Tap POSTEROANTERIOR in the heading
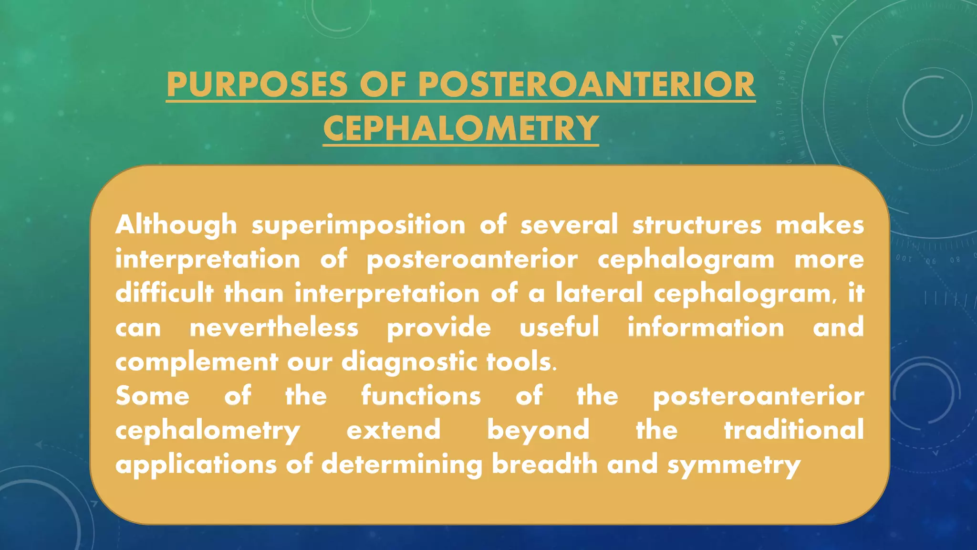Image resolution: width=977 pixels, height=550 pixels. click(586, 85)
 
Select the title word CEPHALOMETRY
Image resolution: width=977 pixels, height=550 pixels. click(461, 128)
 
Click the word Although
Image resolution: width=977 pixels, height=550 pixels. click(176, 224)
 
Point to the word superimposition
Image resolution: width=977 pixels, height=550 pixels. click(358, 225)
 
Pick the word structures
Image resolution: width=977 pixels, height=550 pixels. click(697, 224)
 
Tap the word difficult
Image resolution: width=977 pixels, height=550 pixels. click(164, 293)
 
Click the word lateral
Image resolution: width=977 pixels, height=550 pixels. click(599, 293)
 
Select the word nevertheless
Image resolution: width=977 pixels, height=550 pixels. click(274, 328)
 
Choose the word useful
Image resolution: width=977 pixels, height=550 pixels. click(559, 328)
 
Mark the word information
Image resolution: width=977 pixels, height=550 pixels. click(706, 328)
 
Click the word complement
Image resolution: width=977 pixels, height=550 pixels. click(197, 362)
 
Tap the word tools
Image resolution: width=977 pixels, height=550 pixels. click(520, 362)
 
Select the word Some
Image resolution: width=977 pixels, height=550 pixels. click(152, 396)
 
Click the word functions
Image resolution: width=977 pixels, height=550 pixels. click(421, 396)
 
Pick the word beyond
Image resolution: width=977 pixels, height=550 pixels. click(538, 431)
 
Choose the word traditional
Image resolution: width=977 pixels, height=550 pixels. click(794, 430)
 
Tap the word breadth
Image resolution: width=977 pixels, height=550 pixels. click(544, 464)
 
